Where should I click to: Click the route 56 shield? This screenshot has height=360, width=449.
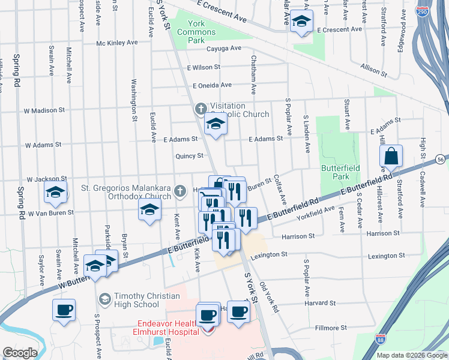441,160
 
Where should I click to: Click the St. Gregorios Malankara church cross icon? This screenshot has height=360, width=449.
179,192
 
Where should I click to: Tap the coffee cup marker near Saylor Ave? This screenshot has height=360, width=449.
64,311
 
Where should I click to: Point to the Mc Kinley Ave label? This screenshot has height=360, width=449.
117,43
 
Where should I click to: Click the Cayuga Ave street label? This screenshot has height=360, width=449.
223,49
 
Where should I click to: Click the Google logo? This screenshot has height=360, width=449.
20,353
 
